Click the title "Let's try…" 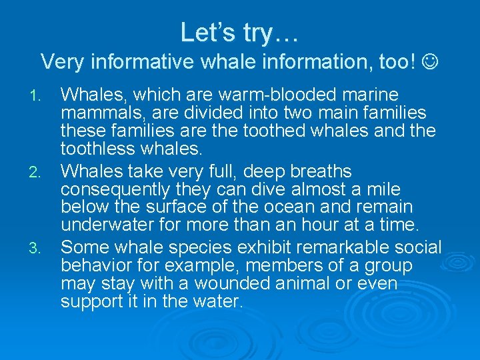239,31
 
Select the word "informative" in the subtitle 126,62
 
